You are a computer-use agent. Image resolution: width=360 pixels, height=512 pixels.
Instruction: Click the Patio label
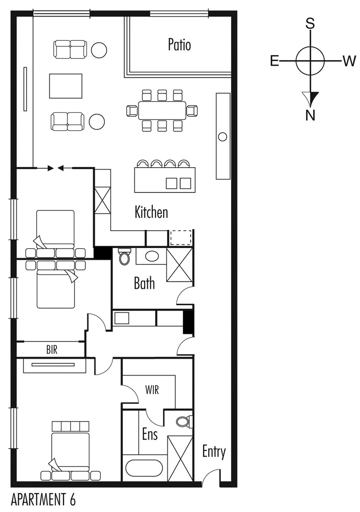tap(179, 45)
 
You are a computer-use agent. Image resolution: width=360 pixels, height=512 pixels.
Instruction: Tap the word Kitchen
tap(151, 212)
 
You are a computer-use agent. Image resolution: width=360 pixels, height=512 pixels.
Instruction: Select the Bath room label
tap(144, 283)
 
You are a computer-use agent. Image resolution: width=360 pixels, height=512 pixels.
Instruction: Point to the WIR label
tap(152, 391)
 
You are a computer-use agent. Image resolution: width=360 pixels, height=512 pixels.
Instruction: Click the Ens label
tap(149, 433)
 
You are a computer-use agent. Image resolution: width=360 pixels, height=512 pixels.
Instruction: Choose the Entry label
tap(214, 452)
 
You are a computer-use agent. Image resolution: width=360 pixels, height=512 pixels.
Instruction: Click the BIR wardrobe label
tap(52, 350)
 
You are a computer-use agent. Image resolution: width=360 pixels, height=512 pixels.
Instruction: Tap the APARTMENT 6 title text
tap(43, 499)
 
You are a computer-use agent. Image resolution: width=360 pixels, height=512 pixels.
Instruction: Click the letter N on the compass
tap(310, 115)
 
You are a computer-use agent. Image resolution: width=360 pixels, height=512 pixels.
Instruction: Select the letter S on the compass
tap(310, 24)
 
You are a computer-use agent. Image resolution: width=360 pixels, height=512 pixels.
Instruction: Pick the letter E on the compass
tap(275, 61)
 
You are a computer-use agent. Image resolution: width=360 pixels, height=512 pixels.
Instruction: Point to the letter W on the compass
tap(349, 61)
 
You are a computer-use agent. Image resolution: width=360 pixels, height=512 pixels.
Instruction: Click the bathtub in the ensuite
tap(144, 468)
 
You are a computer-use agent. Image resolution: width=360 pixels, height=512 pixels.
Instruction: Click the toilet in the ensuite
tap(182, 421)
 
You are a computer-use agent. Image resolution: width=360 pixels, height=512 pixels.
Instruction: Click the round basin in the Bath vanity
tap(152, 256)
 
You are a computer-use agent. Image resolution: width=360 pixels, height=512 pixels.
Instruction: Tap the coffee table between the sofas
tap(65, 85)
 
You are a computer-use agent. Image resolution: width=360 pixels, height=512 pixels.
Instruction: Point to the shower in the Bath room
tap(180, 265)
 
